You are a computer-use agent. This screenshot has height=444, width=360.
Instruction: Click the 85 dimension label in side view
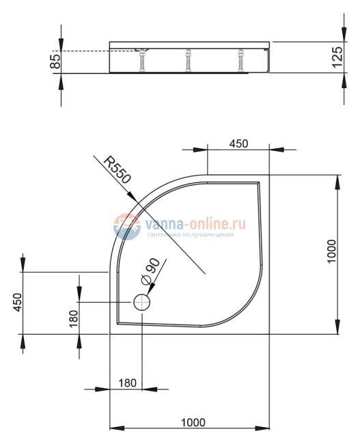tap(56, 61)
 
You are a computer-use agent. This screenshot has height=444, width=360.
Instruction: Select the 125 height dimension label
tap(337, 57)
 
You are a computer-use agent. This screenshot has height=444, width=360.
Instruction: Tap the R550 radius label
tap(117, 170)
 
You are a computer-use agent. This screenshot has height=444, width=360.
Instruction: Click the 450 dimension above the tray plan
tap(238, 143)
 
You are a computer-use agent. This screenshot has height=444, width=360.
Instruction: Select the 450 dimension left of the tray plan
tap(18, 303)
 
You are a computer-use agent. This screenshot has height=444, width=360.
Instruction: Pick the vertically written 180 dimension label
tap(73, 319)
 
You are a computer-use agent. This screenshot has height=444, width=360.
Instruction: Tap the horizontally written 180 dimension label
tap(128, 383)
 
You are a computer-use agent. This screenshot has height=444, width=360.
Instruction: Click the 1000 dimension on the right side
tap(331, 251)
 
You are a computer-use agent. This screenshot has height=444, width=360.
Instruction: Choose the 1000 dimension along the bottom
tap(193, 422)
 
